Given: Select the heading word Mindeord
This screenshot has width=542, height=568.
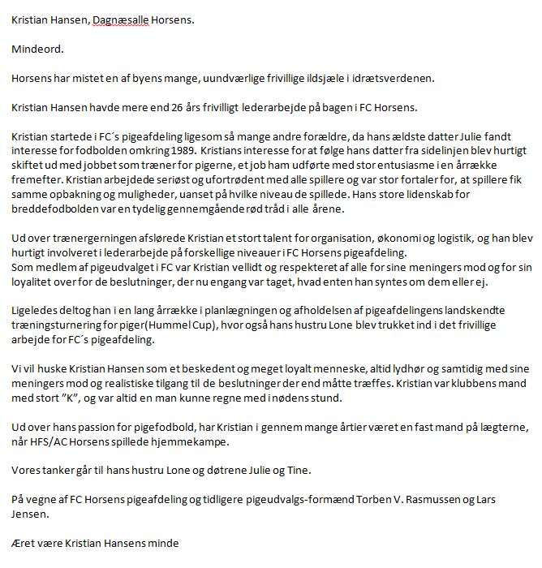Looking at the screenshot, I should click(37, 49).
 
